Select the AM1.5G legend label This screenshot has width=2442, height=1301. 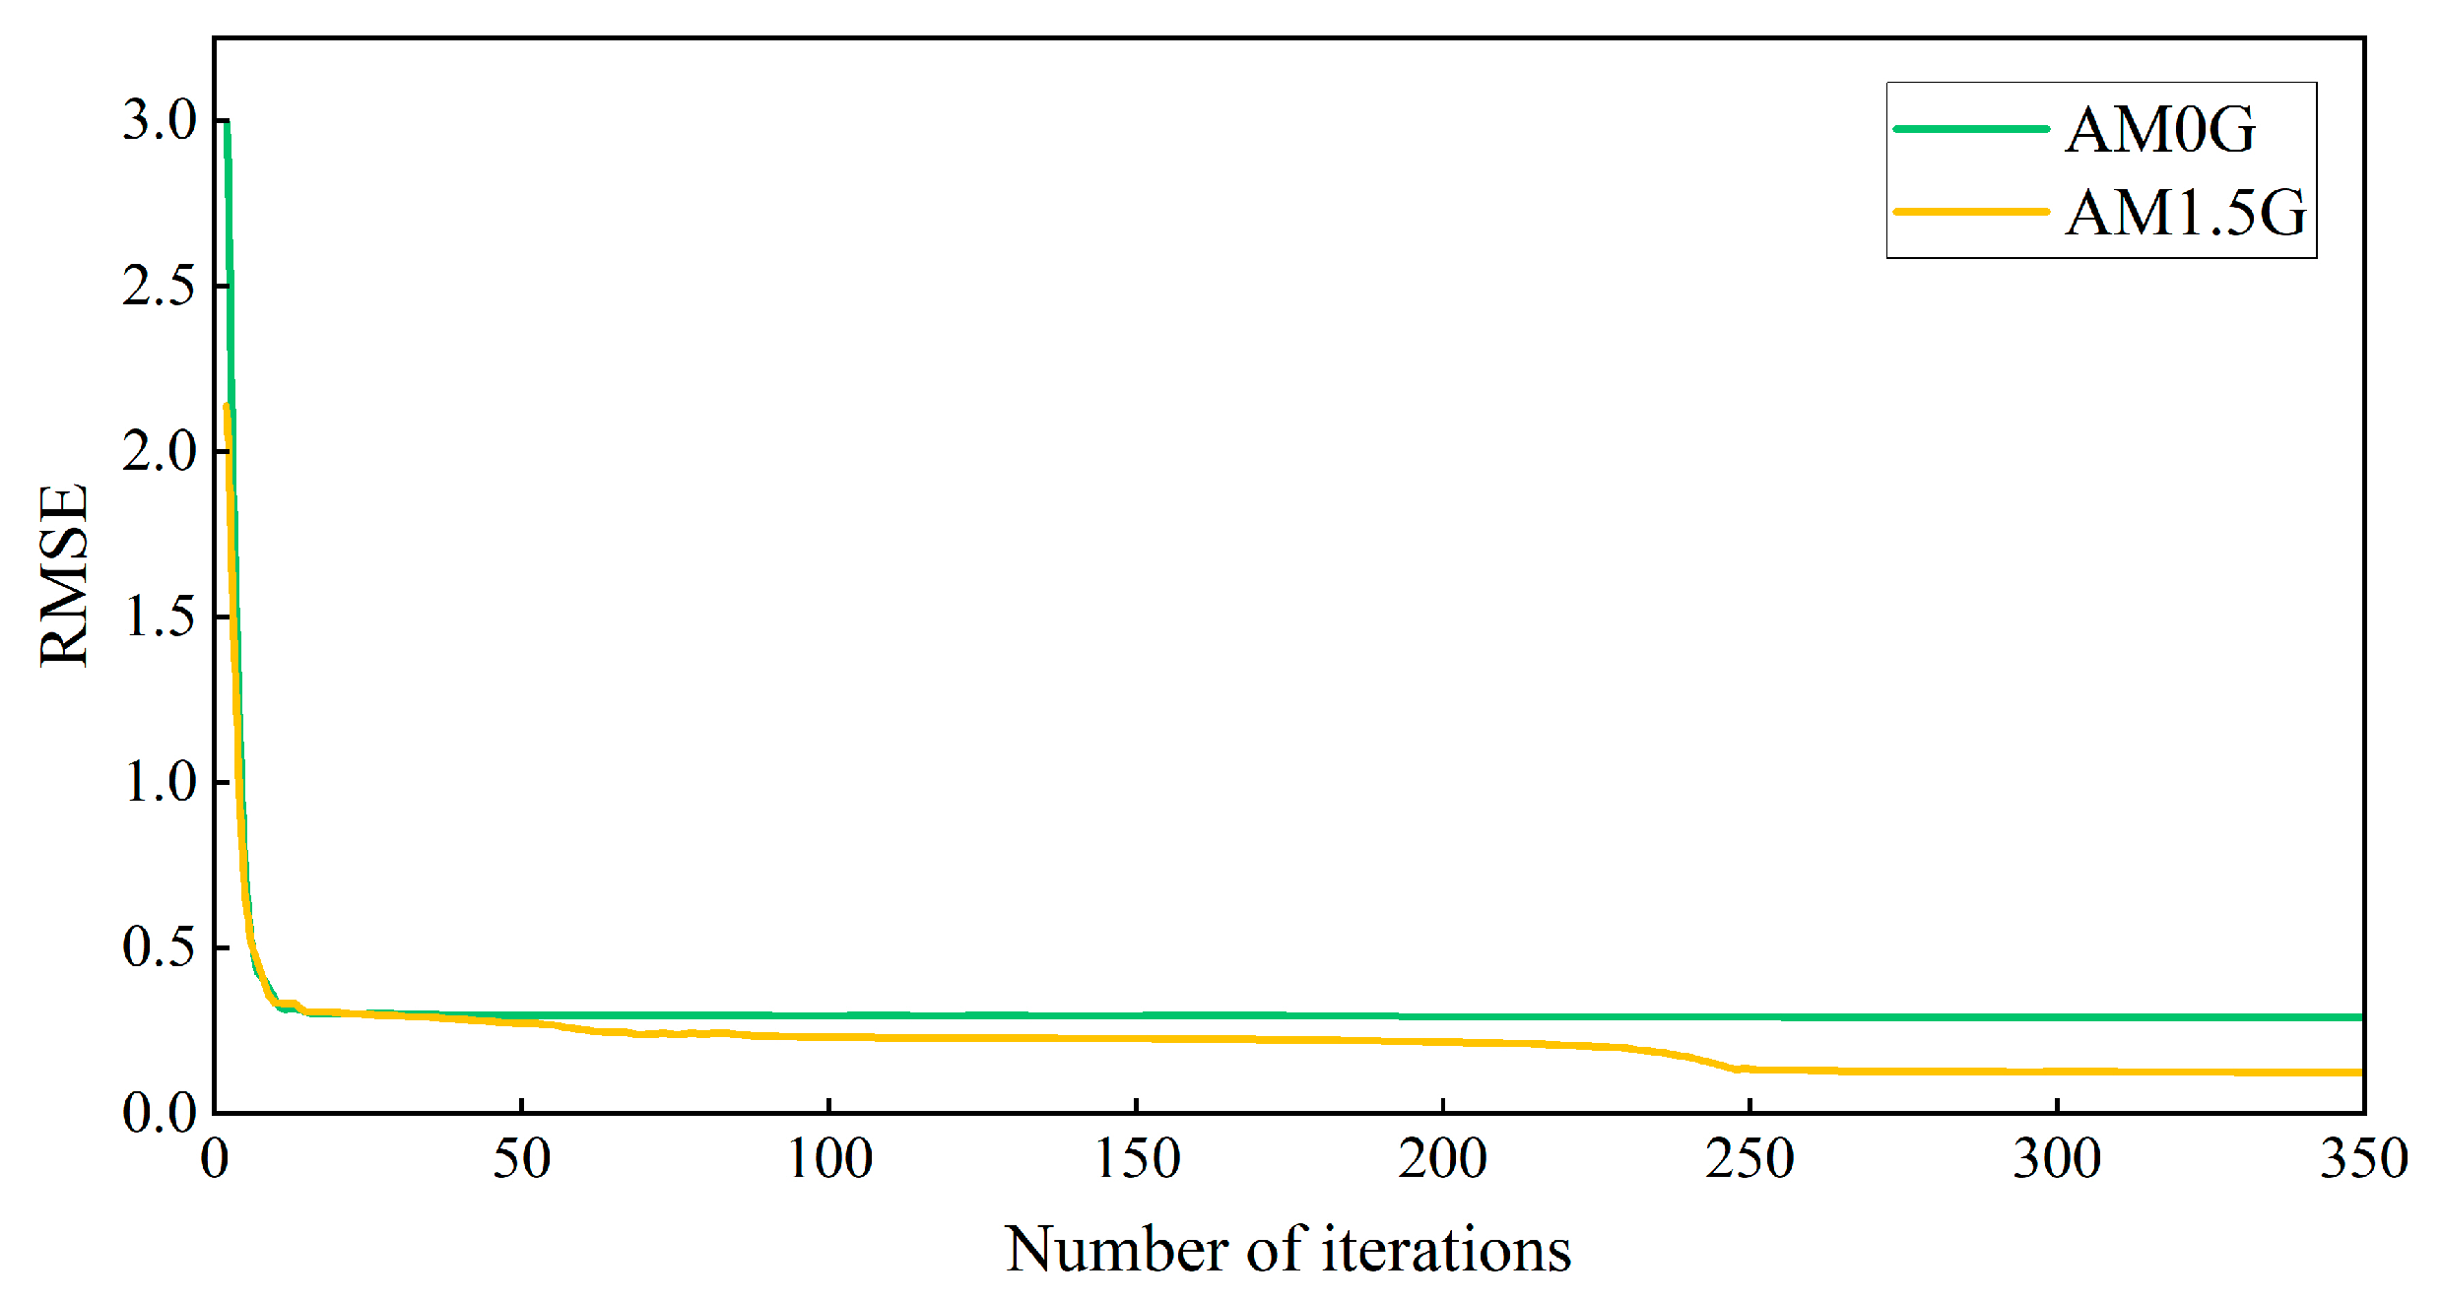click(x=2184, y=212)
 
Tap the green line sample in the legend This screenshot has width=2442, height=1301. click(x=1970, y=129)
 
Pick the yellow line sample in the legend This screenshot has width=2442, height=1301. click(x=1970, y=212)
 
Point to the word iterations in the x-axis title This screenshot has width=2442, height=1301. click(x=1445, y=1250)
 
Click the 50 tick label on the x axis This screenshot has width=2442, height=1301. click(x=521, y=1158)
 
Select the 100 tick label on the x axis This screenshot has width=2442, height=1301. click(x=829, y=1158)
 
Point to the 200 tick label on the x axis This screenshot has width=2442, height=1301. click(x=1442, y=1158)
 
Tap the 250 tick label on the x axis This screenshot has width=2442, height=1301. click(x=1749, y=1158)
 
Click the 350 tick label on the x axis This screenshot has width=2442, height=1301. click(x=2362, y=1158)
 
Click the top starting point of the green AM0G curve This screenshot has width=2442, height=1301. click(x=227, y=122)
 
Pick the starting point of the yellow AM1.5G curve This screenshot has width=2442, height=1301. click(x=227, y=406)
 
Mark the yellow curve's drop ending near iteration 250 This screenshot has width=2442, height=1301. click(x=1738, y=1069)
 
